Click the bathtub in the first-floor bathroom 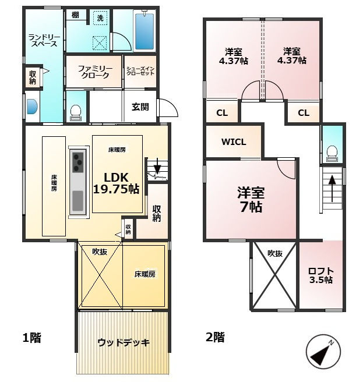click(x=145, y=31)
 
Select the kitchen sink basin click(x=77, y=201)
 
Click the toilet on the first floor click(x=76, y=113)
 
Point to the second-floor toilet click(x=332, y=154)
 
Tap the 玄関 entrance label click(x=140, y=107)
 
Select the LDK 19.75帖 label click(x=117, y=183)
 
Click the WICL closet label click(x=234, y=142)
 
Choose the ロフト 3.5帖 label click(x=321, y=275)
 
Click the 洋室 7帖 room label click(x=251, y=200)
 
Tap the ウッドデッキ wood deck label click(x=124, y=343)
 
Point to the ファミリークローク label click(x=95, y=72)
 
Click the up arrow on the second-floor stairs click(x=332, y=189)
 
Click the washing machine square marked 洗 click(x=100, y=18)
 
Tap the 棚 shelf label click(x=75, y=15)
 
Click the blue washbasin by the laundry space click(x=32, y=107)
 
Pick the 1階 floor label click(x=31, y=338)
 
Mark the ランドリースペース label click(x=44, y=40)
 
